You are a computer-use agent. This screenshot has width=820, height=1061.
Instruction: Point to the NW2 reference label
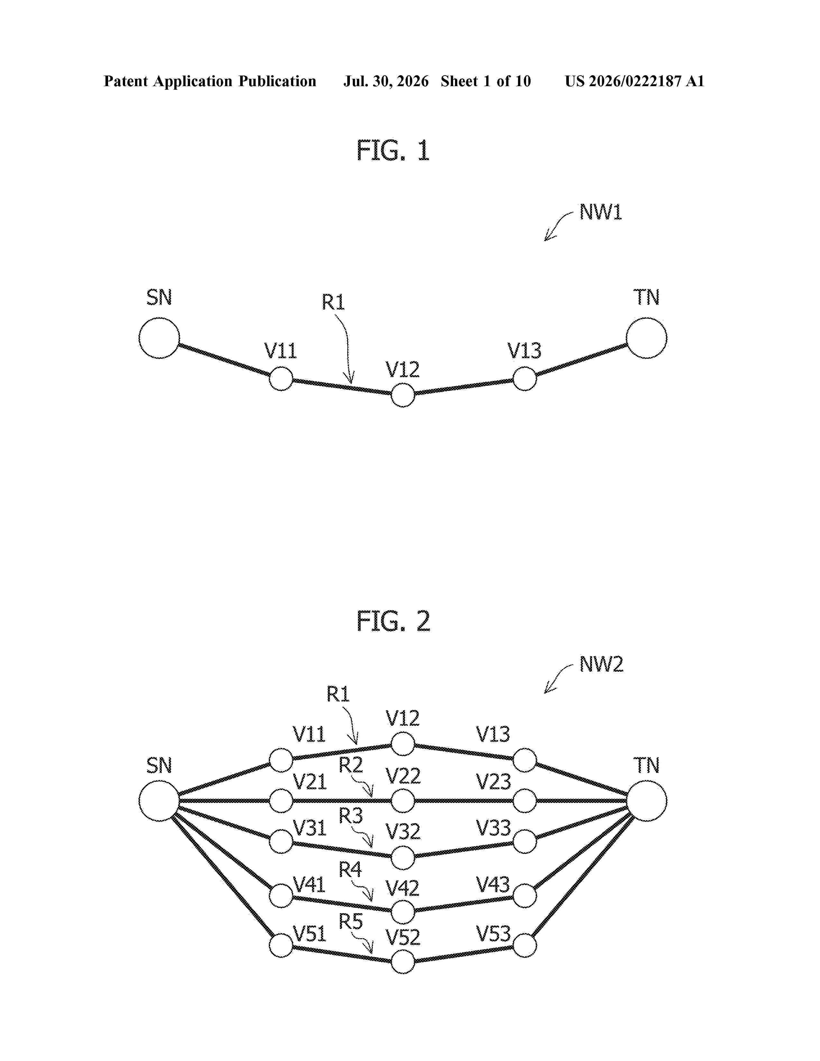point(601,664)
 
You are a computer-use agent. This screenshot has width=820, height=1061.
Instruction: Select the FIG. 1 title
point(393,150)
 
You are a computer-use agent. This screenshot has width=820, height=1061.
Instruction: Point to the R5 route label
point(351,921)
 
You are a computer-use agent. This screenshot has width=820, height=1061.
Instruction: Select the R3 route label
point(351,815)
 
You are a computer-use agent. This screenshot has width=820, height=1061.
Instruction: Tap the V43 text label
point(493,885)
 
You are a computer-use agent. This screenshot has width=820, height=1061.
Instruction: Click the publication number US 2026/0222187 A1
point(634,81)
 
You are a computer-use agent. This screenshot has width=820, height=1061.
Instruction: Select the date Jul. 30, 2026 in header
point(386,81)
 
